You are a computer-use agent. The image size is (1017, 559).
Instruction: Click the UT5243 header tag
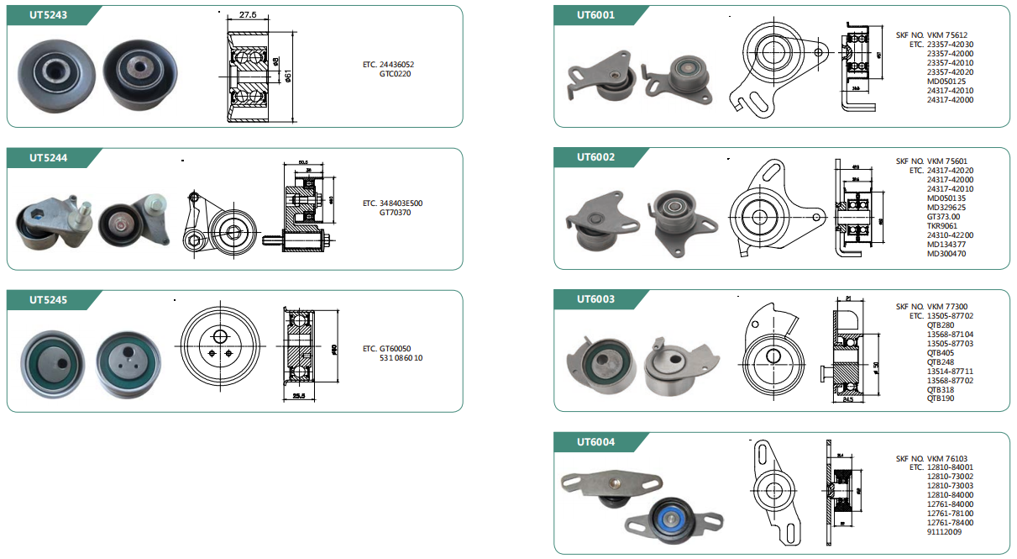tap(48, 15)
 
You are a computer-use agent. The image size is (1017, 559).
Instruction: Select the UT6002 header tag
tap(595, 157)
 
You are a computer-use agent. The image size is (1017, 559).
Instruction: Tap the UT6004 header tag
tap(595, 442)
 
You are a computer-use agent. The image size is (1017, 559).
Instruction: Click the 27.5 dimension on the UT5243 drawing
tap(248, 15)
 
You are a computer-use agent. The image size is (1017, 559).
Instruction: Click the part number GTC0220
tap(396, 73)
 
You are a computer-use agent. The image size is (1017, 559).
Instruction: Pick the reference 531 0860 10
tap(401, 358)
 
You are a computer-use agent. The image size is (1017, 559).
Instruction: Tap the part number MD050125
tap(946, 81)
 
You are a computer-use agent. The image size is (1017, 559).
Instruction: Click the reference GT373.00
tap(945, 217)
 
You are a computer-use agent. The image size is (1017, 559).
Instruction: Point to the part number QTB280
tap(941, 325)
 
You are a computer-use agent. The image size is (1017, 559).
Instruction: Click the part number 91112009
tap(944, 532)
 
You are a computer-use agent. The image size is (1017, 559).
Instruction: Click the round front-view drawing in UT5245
tap(221, 345)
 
